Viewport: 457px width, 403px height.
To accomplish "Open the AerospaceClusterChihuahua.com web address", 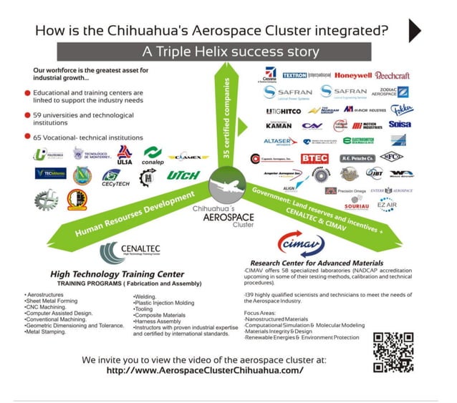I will coord(204,371).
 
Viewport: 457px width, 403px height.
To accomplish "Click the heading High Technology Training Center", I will coord(117,274).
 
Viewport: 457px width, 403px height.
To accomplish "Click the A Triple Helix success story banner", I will coord(228,52).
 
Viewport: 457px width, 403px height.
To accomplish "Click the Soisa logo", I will coord(398,124).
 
